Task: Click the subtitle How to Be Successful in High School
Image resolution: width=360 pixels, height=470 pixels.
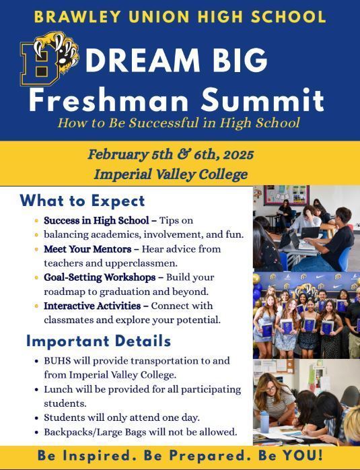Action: pos(178,123)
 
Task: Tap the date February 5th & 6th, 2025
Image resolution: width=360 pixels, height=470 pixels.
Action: pos(171,154)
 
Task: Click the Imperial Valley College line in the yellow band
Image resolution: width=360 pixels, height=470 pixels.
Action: pos(171,174)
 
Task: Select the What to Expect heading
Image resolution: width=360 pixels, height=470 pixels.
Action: pos(82,201)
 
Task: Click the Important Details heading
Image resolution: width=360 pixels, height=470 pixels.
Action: pos(98,341)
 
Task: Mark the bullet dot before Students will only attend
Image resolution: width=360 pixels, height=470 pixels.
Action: pos(36,417)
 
